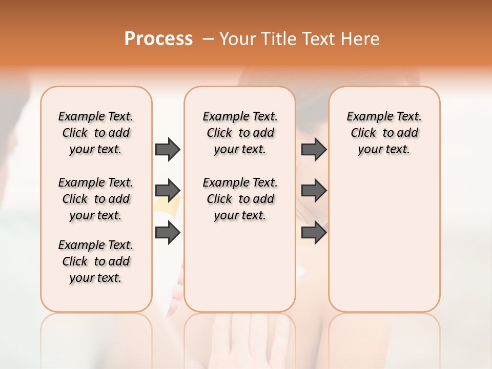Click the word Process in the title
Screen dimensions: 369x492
[158, 38]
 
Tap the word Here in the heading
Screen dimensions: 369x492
[360, 39]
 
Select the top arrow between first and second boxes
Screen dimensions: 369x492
[168, 149]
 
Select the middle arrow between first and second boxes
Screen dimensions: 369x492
[168, 191]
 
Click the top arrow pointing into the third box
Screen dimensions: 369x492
[314, 149]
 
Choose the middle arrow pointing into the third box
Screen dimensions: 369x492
[314, 191]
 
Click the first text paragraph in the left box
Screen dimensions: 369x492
[96, 133]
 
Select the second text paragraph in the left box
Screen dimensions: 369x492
[96, 199]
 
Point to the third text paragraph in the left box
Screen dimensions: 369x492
[96, 261]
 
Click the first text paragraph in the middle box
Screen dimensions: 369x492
[240, 133]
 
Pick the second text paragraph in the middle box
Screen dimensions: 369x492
[240, 199]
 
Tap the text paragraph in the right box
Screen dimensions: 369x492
[384, 133]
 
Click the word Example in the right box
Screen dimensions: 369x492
[365, 117]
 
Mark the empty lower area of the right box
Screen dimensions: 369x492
[384, 241]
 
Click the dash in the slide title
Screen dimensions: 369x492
[208, 39]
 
